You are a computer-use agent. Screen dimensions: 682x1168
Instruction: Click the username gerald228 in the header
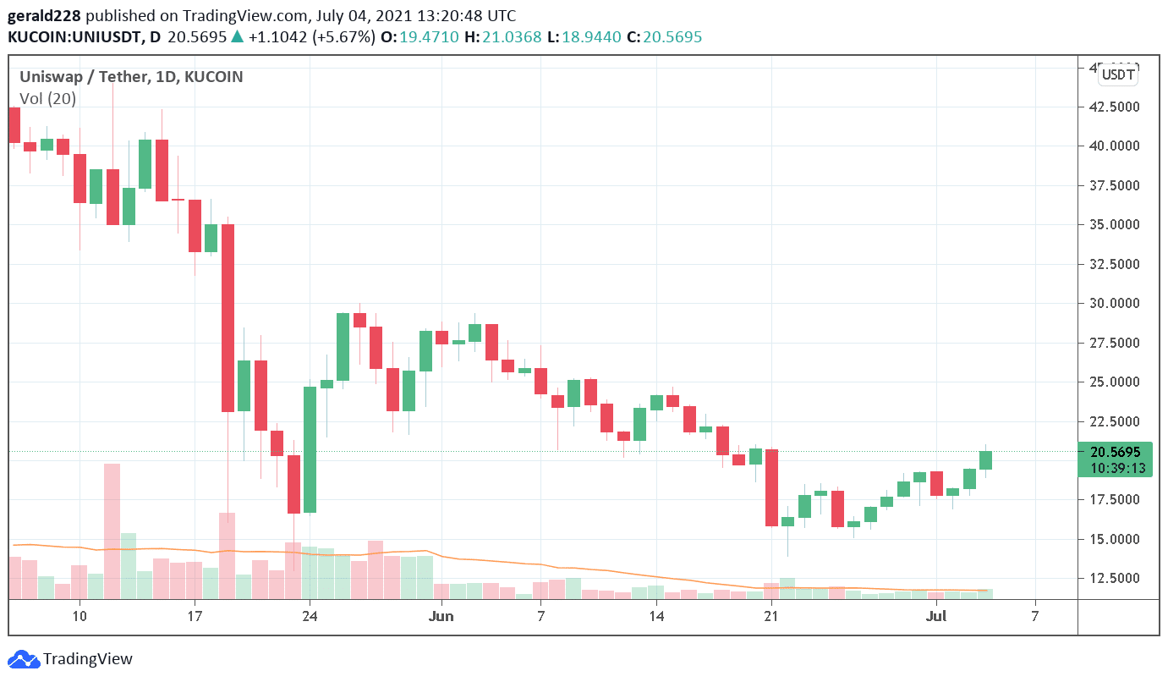pyautogui.click(x=45, y=16)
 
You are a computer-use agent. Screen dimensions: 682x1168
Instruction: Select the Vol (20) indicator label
pyautogui.click(x=47, y=99)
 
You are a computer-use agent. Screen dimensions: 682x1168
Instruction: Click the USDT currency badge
pyautogui.click(x=1117, y=75)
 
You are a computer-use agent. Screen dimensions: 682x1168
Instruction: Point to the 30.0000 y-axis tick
pyautogui.click(x=1114, y=304)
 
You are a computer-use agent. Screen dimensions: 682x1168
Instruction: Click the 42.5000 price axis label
pyautogui.click(x=1114, y=107)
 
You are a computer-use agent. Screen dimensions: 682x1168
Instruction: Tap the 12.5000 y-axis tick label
pyautogui.click(x=1114, y=579)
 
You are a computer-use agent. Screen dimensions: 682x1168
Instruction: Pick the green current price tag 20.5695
pyautogui.click(x=1116, y=453)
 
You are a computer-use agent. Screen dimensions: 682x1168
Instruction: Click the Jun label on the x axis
pyautogui.click(x=441, y=616)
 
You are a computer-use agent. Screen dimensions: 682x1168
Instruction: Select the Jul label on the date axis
pyautogui.click(x=936, y=616)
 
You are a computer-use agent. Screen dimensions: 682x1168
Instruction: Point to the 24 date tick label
pyautogui.click(x=310, y=616)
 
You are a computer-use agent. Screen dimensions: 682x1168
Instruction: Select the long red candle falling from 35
pyautogui.click(x=228, y=317)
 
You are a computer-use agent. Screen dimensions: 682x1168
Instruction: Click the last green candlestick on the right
pyautogui.click(x=985, y=460)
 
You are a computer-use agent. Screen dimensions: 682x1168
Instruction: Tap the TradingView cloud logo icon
pyautogui.click(x=24, y=659)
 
